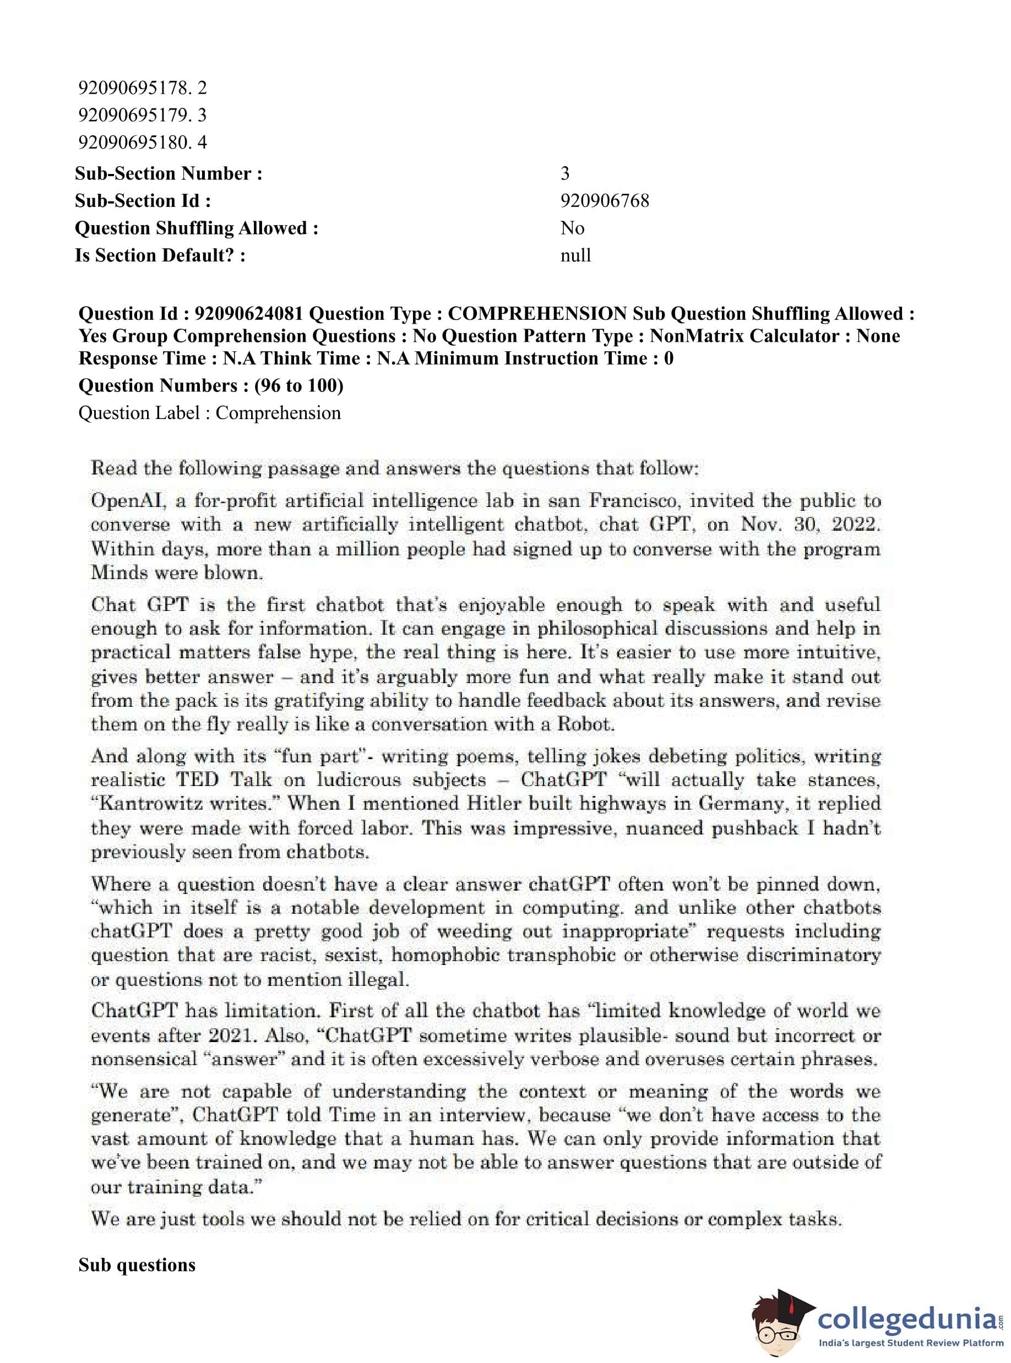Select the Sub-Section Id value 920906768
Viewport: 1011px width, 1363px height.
(x=605, y=201)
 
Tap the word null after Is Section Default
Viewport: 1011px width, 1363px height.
(x=575, y=255)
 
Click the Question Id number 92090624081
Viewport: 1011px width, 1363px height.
(x=248, y=314)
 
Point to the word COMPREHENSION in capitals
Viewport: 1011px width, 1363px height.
(x=537, y=314)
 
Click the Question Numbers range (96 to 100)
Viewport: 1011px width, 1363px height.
(x=298, y=385)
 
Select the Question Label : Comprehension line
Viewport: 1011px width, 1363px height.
(x=209, y=413)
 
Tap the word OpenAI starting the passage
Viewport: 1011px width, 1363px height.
(x=128, y=501)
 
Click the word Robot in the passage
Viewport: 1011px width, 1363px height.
(x=584, y=724)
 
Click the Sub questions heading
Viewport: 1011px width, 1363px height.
(x=137, y=1265)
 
